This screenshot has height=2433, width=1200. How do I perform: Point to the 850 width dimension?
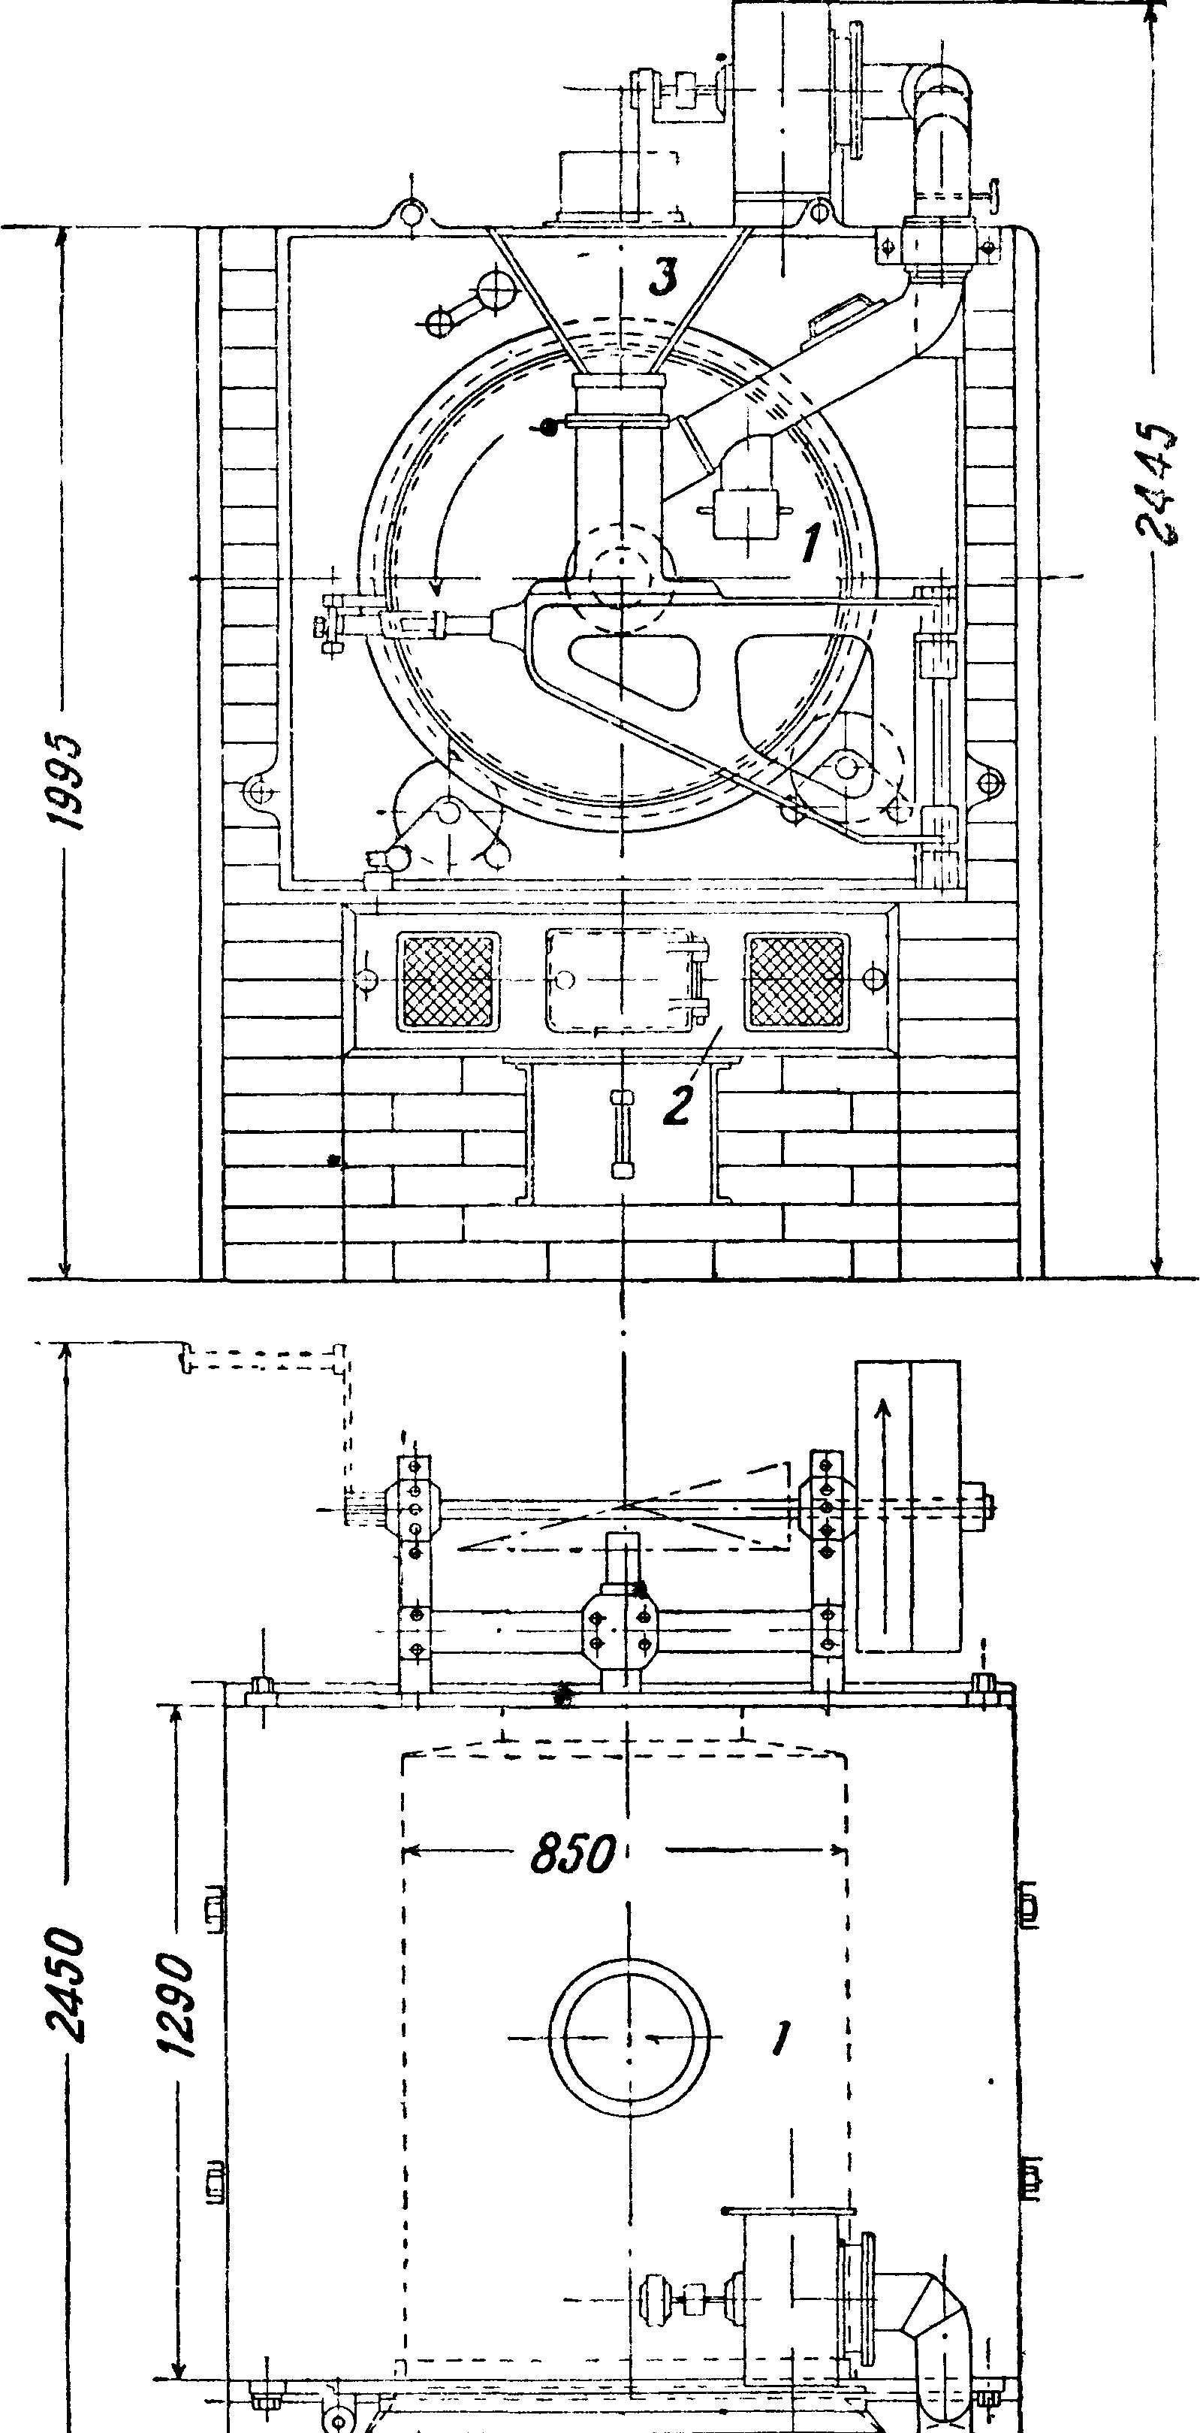(x=572, y=1853)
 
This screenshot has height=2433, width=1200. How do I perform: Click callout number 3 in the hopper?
(x=665, y=277)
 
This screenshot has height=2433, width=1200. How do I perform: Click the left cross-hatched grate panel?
(x=448, y=981)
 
